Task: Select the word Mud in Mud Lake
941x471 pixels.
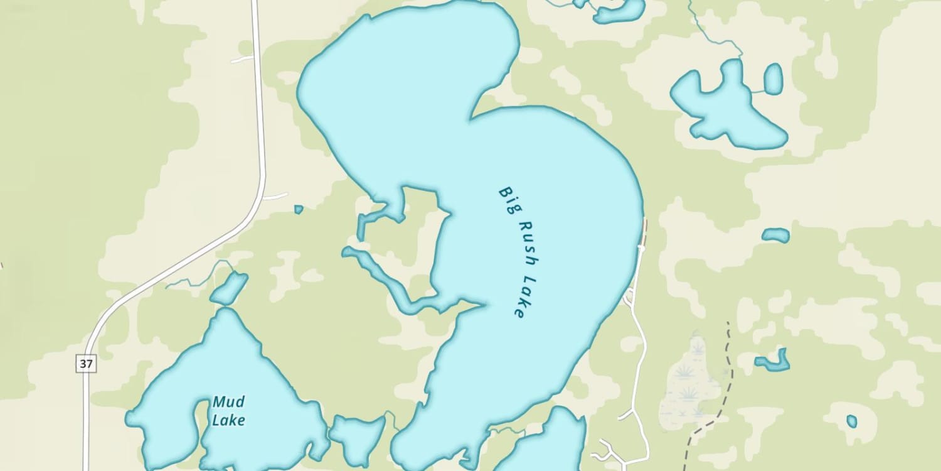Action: tap(228, 402)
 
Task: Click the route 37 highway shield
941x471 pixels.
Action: tap(87, 364)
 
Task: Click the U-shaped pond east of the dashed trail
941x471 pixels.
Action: tap(775, 362)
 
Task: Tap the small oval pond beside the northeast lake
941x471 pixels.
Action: tap(774, 79)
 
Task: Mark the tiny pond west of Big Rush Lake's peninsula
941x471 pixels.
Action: tap(299, 209)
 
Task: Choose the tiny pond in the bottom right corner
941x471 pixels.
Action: tap(851, 421)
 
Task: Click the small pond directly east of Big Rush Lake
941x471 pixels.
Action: tap(776, 235)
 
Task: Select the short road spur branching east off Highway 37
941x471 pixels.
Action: tap(275, 197)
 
